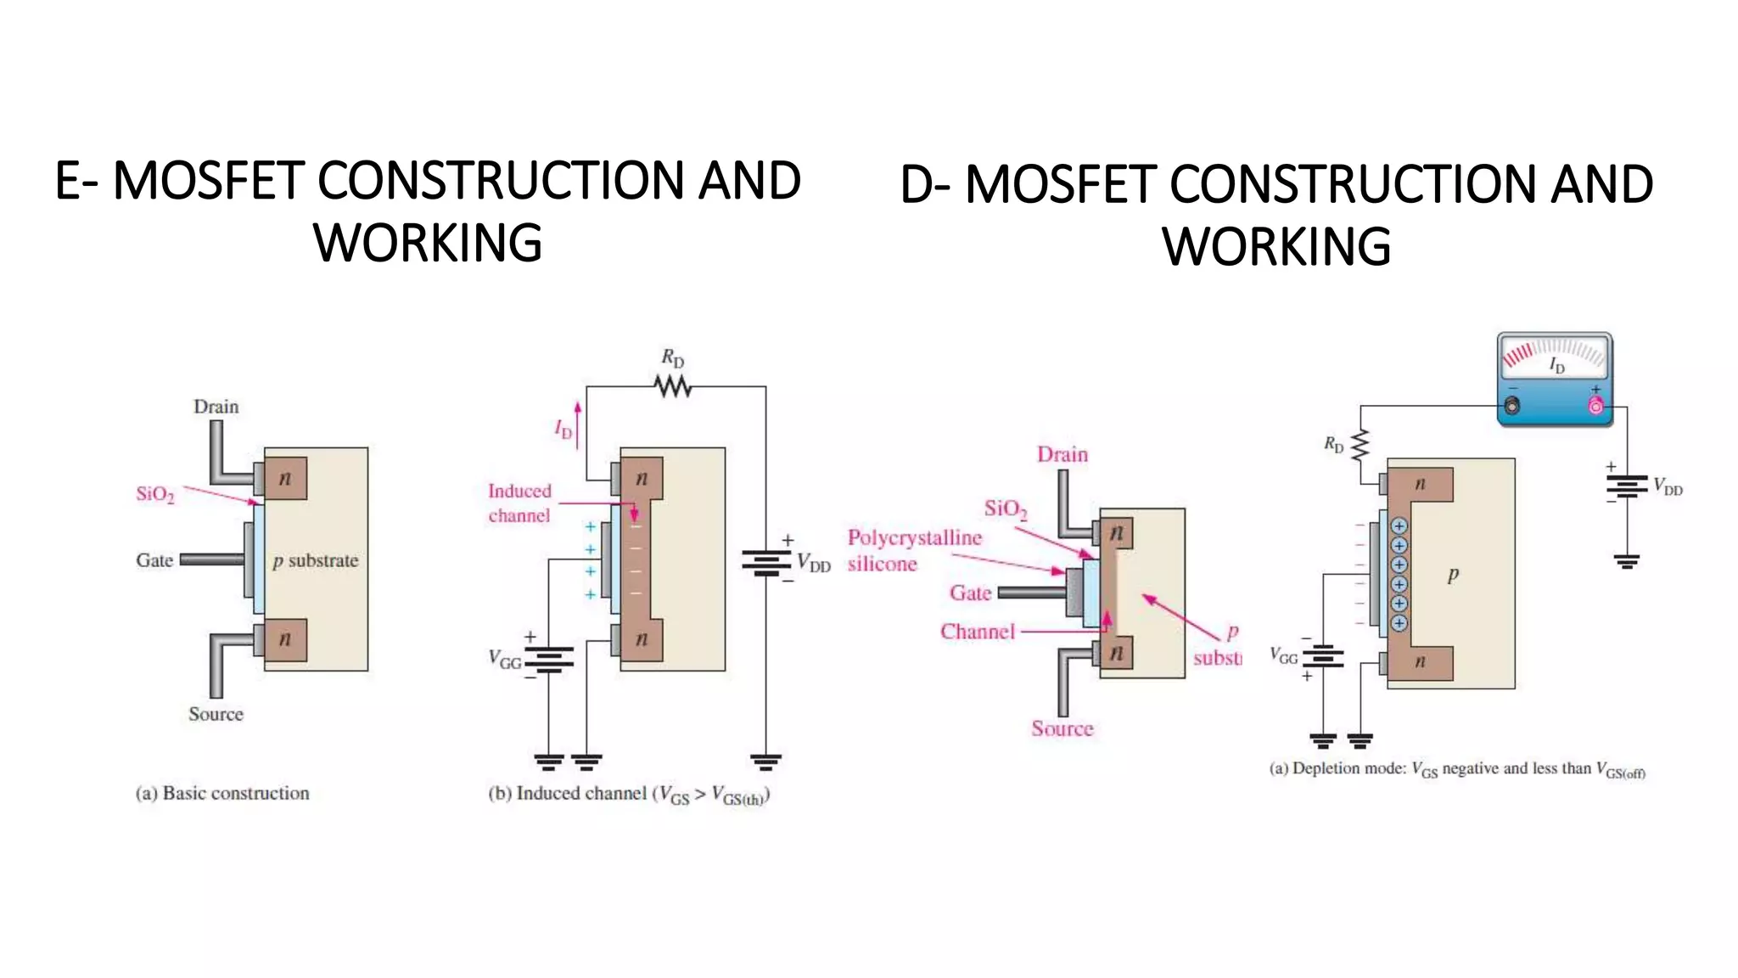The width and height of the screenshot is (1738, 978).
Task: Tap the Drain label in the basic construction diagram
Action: click(x=216, y=407)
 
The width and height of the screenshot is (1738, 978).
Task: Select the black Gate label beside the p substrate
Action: click(x=154, y=560)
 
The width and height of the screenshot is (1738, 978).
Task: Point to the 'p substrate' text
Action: click(x=316, y=560)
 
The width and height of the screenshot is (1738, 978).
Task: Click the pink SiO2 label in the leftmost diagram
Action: click(x=155, y=494)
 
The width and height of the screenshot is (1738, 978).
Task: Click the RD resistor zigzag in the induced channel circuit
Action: click(x=673, y=387)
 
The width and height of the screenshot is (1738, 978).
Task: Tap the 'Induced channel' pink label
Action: click(x=519, y=503)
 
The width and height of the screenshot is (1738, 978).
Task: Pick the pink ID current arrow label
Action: click(x=564, y=430)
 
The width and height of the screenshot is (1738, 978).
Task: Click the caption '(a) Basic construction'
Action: click(x=222, y=793)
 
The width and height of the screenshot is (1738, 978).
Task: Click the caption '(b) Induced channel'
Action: click(x=628, y=795)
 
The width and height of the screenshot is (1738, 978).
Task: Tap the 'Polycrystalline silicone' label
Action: click(x=913, y=550)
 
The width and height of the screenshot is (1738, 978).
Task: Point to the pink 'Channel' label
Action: click(x=977, y=632)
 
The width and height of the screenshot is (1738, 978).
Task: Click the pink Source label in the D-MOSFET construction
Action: click(x=1062, y=728)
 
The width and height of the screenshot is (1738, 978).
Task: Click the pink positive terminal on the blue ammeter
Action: click(x=1595, y=407)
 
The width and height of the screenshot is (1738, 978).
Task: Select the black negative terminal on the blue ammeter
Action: click(x=1511, y=407)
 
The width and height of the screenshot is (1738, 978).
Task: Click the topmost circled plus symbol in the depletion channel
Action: click(x=1399, y=526)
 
